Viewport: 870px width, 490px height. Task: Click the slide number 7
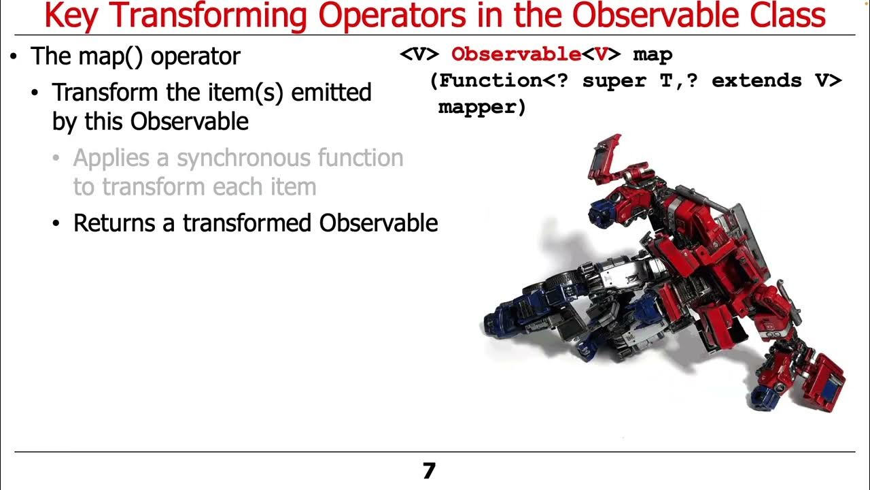pos(428,471)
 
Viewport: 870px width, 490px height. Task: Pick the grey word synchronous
pos(236,158)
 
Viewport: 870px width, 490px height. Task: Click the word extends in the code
pos(756,81)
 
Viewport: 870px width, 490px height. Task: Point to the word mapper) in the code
pos(482,107)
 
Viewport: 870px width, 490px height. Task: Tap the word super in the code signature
pos(615,81)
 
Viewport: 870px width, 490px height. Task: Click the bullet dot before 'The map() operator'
pos(14,56)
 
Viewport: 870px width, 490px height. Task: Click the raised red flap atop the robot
pos(606,157)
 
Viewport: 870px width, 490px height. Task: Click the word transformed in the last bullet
pos(247,223)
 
